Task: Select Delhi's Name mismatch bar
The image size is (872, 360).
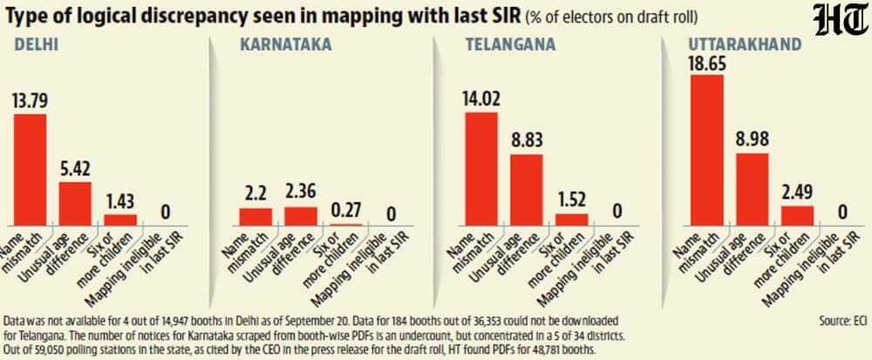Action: (x=30, y=170)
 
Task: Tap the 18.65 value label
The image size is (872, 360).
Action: (x=707, y=63)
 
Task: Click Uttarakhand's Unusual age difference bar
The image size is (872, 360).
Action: (x=752, y=189)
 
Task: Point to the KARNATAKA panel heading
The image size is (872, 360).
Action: (x=286, y=45)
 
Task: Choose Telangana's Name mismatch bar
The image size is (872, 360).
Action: (x=481, y=169)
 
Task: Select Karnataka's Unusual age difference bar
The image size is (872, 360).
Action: (x=301, y=216)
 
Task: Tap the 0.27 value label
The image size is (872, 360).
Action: (x=346, y=211)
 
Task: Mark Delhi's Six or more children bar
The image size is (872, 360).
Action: (x=120, y=220)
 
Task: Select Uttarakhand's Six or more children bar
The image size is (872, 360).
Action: (x=797, y=215)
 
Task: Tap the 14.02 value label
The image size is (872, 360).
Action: (x=481, y=99)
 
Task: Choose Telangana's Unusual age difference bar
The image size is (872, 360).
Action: (x=526, y=190)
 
